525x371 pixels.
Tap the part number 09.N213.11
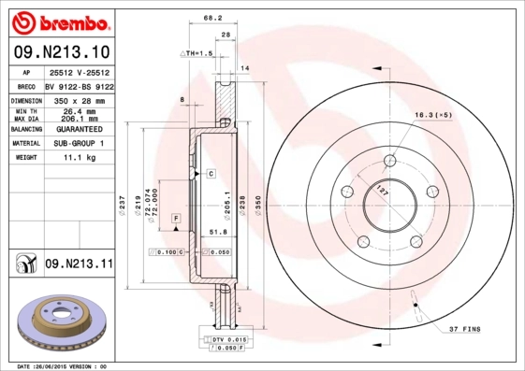(x=79, y=265)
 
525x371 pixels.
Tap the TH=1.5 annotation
(x=198, y=54)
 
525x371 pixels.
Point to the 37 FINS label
(x=466, y=330)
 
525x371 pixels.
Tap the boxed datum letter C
(x=211, y=174)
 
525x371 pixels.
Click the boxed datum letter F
(x=175, y=217)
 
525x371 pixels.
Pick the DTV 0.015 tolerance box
(x=226, y=337)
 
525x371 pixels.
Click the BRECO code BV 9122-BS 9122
(x=79, y=84)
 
